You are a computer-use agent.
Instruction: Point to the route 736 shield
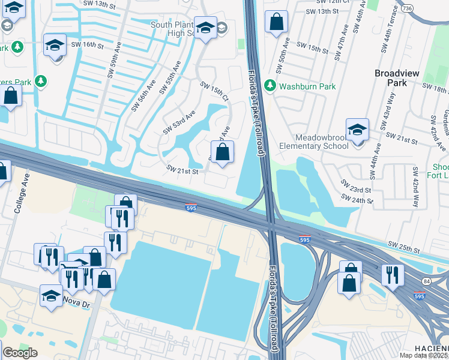pyautogui.click(x=424, y=8)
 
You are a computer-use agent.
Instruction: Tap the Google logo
pyautogui.click(x=20, y=353)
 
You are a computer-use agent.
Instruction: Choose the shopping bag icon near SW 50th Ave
pyautogui.click(x=276, y=22)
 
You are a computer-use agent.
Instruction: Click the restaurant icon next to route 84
pyautogui.click(x=394, y=274)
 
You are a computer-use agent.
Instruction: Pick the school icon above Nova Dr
pyautogui.click(x=51, y=295)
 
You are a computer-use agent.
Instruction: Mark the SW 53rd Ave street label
pyautogui.click(x=179, y=122)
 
